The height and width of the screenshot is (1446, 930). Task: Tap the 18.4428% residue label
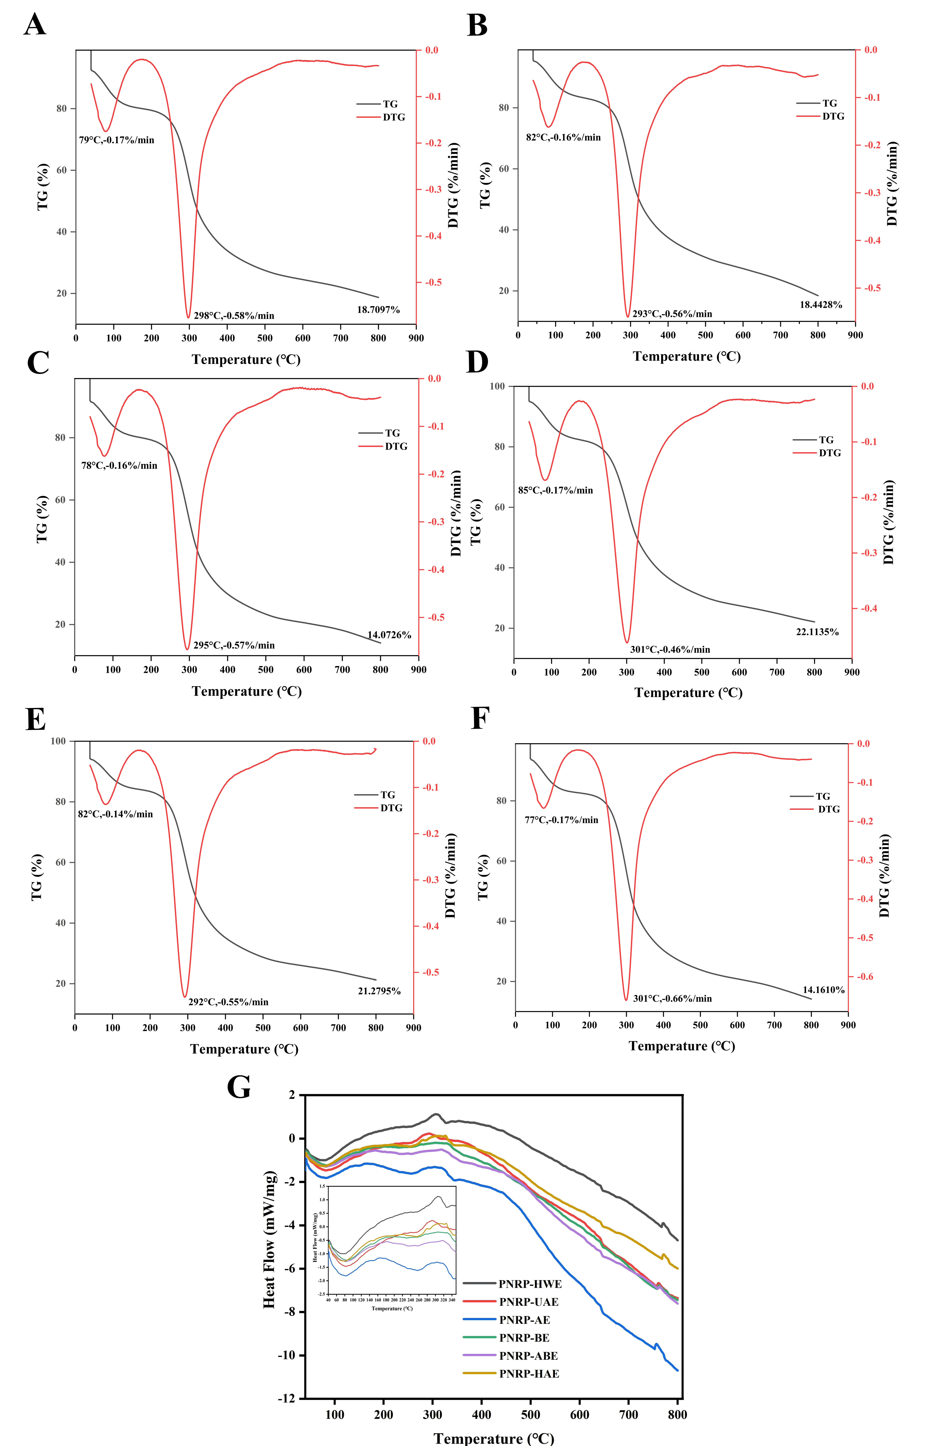click(821, 305)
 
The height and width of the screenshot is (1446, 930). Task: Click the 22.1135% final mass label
click(817, 632)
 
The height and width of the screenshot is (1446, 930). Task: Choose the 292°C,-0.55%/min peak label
click(228, 1002)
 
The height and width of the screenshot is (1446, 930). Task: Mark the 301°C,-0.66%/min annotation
click(672, 998)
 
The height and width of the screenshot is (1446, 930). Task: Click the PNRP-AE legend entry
click(524, 1320)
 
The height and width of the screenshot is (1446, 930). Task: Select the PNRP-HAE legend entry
click(529, 1374)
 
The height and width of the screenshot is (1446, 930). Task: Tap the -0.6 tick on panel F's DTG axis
click(865, 976)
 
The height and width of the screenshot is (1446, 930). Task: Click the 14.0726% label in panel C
click(390, 635)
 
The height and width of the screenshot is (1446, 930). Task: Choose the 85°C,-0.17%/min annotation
click(556, 490)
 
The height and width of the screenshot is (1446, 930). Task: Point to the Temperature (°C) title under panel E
click(245, 1049)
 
